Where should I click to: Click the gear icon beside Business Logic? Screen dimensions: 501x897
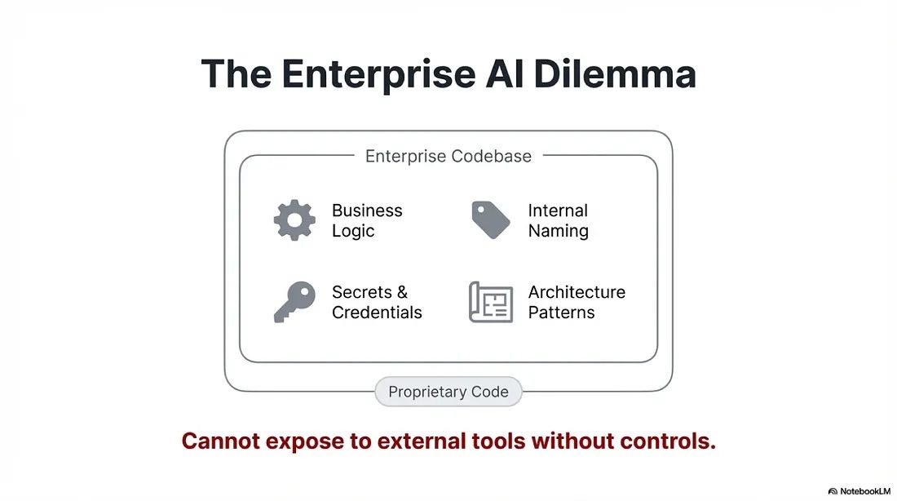tap(294, 220)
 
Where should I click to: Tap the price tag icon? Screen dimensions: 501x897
tap(490, 220)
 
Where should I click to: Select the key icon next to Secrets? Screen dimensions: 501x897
tap(294, 302)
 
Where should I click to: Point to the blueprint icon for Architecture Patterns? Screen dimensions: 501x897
tap(491, 302)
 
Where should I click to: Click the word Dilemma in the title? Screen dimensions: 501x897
tap(616, 74)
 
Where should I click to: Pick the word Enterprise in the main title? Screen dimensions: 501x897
tap(378, 74)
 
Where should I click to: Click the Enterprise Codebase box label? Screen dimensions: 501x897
tap(448, 156)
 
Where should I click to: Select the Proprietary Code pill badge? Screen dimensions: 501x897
tap(448, 392)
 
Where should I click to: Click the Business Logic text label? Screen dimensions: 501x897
tap(366, 220)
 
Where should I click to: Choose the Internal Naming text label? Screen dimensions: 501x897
tap(558, 220)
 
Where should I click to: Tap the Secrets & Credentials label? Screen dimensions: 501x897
tap(376, 302)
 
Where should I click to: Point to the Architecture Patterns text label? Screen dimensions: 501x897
tap(577, 302)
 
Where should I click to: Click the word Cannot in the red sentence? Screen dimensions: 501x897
tap(215, 441)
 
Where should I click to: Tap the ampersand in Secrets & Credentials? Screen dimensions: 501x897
tap(401, 292)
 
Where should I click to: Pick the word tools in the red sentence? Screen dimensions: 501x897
tap(498, 441)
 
